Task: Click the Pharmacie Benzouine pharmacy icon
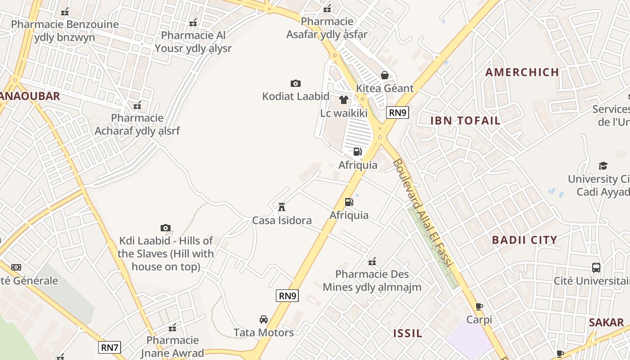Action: [x=65, y=12]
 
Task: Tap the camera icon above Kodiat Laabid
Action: [x=295, y=83]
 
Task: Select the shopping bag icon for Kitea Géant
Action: [x=384, y=75]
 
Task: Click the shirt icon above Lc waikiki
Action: [x=344, y=100]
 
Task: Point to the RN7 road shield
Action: [x=110, y=347]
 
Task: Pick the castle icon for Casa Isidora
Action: [x=282, y=207]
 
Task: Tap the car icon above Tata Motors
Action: [x=264, y=319]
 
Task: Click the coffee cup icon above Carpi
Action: [x=479, y=307]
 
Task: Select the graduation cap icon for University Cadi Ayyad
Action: [x=603, y=166]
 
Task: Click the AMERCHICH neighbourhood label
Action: [x=522, y=72]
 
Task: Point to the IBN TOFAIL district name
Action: [x=465, y=121]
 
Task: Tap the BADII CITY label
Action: [x=524, y=240]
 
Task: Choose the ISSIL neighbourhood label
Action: [x=408, y=333]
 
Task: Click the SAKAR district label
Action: [x=606, y=323]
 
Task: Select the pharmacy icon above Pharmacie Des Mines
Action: [x=372, y=261]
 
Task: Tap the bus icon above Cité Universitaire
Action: [x=596, y=268]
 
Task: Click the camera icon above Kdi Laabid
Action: [x=166, y=228]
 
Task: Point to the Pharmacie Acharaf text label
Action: [x=137, y=125]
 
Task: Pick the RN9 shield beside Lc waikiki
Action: [x=397, y=112]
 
